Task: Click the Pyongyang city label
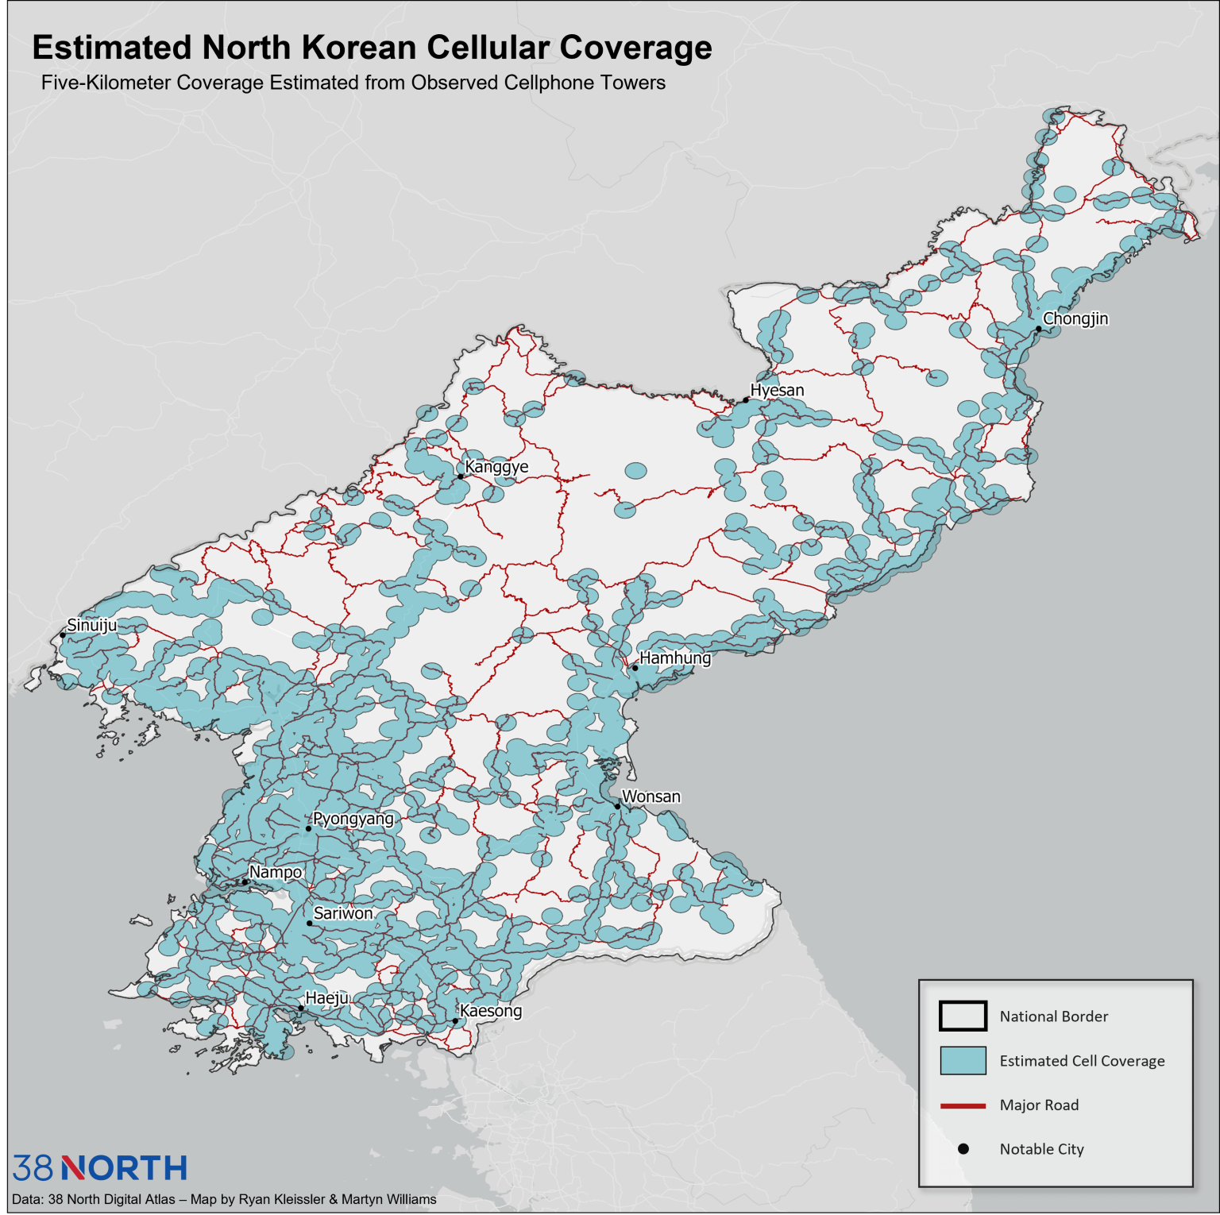tap(353, 819)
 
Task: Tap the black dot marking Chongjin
tap(1038, 329)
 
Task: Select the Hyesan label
tap(777, 390)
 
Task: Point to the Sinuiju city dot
tap(63, 635)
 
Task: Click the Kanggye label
tap(496, 466)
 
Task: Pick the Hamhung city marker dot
tap(635, 668)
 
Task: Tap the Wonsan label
tap(651, 796)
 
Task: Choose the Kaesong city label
tap(491, 1011)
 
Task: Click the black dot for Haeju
tap(300, 1009)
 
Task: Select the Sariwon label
tap(343, 913)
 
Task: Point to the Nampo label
tap(275, 872)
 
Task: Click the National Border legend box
tap(963, 1016)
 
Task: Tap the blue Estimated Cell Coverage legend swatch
tap(963, 1060)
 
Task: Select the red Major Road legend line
tap(963, 1105)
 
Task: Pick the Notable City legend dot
tap(963, 1149)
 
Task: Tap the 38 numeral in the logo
tap(33, 1168)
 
